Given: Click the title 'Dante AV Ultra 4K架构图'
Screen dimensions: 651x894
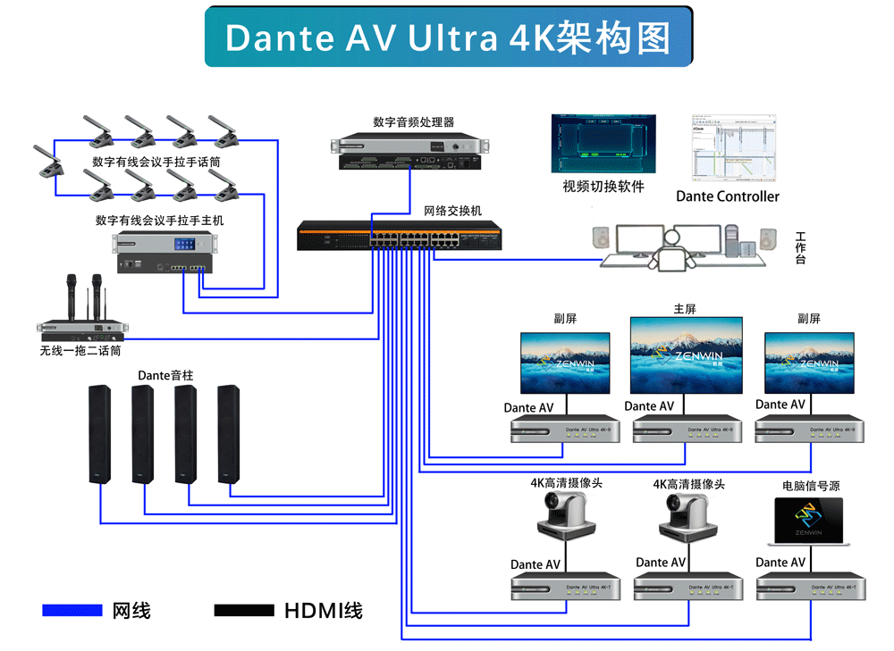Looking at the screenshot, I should coord(448,38).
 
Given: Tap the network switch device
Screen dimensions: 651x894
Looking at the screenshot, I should coord(399,238).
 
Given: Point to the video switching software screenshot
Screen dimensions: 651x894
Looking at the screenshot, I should coord(603,143).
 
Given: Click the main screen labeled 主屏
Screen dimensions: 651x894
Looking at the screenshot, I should coord(686,355).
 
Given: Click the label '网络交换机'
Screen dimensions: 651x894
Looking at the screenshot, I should coord(452,212).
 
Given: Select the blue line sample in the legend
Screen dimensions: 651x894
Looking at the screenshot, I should coord(72,611).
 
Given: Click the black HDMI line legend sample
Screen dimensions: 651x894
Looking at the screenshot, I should coord(244,611).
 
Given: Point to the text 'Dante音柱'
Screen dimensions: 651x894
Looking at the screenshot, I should coord(165,376).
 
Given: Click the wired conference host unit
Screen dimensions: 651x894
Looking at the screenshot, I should coord(164,253).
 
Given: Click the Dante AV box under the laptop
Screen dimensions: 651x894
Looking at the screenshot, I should coord(811,586).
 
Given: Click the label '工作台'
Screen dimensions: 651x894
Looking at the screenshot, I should coord(800,247).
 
